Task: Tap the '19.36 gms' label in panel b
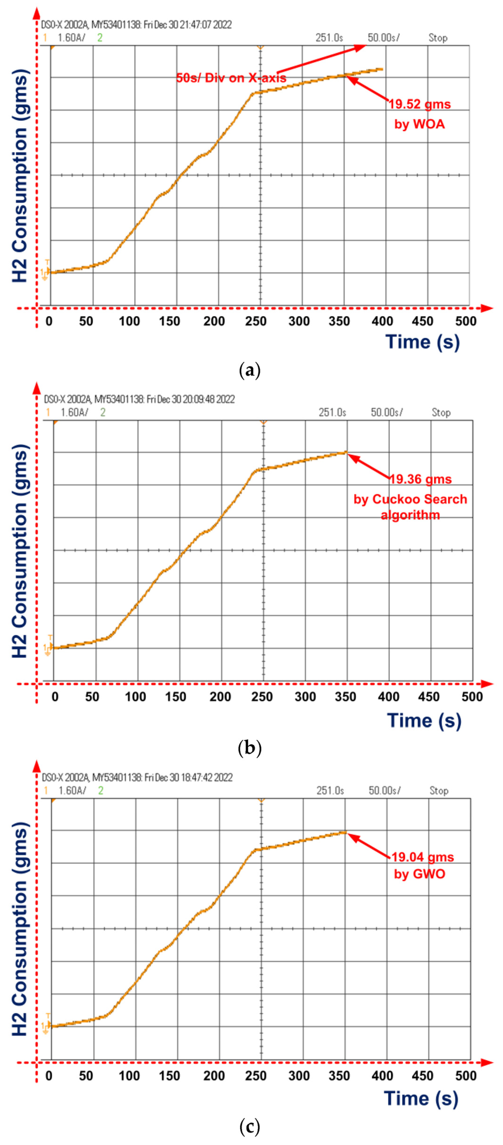420,479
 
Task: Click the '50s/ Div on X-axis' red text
231,78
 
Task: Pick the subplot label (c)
249,1126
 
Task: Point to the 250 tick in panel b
262,696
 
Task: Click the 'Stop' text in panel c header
439,790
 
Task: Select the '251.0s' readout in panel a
329,38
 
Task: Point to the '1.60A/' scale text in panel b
74,413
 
